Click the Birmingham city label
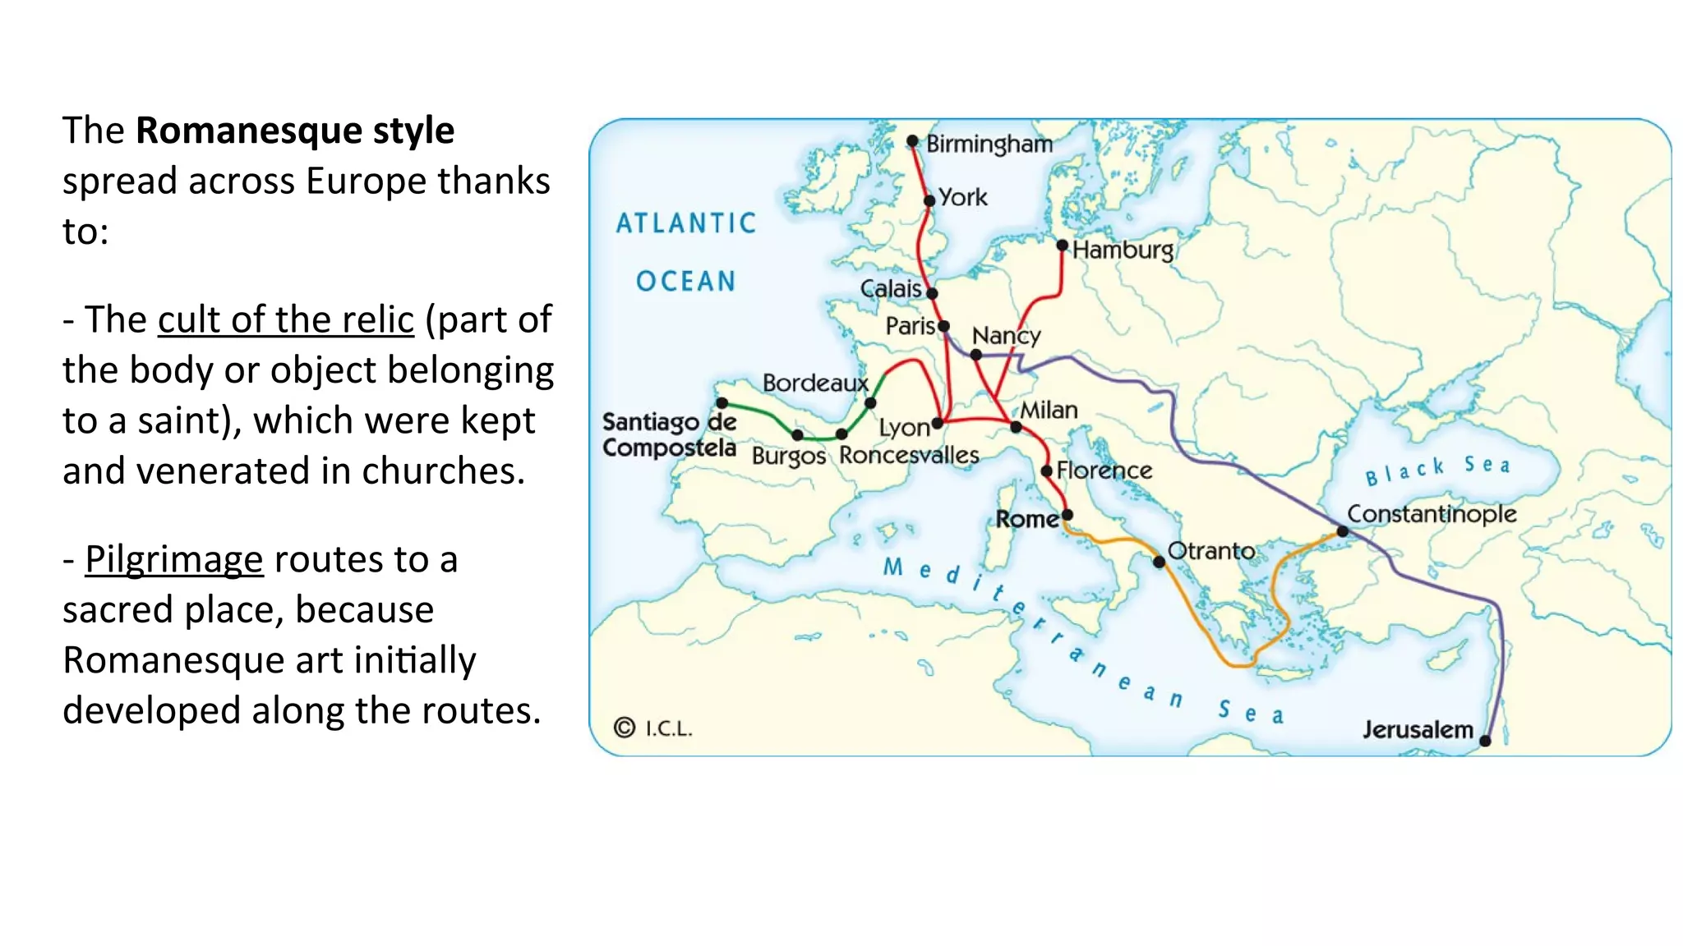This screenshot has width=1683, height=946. [989, 144]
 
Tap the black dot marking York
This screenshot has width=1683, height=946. [929, 200]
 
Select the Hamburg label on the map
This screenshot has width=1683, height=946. [1123, 249]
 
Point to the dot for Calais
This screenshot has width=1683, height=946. [932, 293]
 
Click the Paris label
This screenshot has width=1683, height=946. [910, 326]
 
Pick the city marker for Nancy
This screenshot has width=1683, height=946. [975, 355]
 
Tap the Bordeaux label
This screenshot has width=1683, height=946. [814, 383]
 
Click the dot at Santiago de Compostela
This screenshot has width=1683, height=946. [722, 402]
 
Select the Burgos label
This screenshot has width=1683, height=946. [788, 456]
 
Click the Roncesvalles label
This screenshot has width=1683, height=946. [909, 455]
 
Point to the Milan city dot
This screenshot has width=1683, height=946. [1016, 427]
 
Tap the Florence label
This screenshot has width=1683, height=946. [1104, 471]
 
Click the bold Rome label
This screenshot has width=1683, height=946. [1026, 519]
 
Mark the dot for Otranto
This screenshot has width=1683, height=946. [1159, 562]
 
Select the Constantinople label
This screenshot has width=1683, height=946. [1432, 514]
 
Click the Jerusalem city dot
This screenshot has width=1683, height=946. [1485, 741]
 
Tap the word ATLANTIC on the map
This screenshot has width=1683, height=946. [686, 223]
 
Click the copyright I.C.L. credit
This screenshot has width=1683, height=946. [654, 728]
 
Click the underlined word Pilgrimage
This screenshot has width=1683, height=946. [174, 559]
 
